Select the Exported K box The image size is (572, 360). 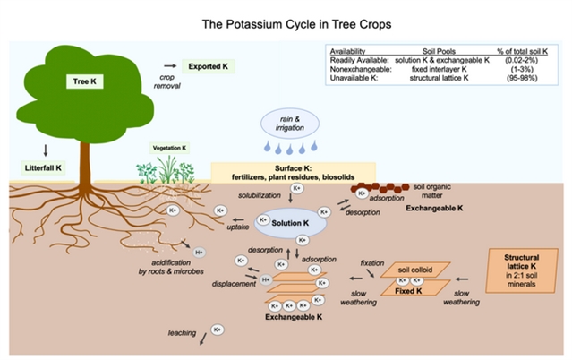(206, 66)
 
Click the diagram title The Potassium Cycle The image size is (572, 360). (286, 26)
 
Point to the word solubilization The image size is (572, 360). (260, 194)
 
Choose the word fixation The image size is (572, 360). (372, 262)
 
